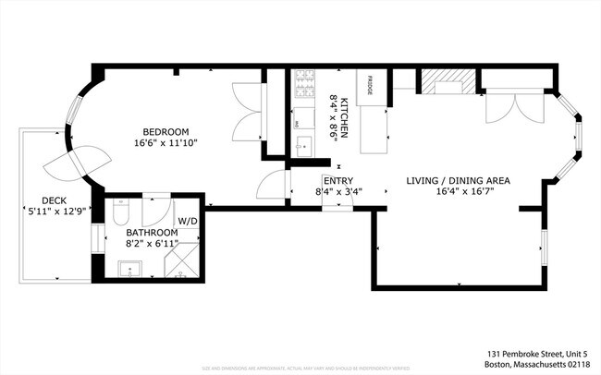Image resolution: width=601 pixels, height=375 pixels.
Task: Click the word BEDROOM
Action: click(166, 130)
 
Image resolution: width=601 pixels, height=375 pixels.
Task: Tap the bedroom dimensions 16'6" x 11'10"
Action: click(166, 143)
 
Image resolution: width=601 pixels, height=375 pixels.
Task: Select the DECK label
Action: click(53, 200)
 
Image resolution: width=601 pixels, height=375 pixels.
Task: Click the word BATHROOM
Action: click(153, 233)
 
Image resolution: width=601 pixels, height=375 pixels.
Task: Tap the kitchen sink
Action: click(303, 146)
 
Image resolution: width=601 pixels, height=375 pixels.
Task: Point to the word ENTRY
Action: click(337, 181)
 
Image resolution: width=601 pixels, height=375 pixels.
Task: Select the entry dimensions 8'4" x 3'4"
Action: click(338, 193)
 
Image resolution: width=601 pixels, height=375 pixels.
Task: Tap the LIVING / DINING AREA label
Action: click(460, 181)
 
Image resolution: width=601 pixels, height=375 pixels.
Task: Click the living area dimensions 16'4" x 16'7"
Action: click(460, 193)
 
